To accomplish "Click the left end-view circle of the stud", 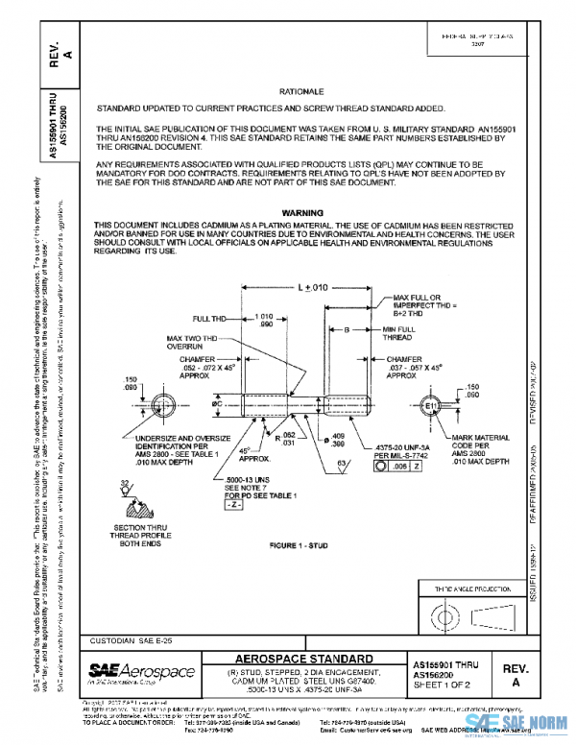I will tap(165, 402).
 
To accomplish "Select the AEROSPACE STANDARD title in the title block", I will tap(305, 659).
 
